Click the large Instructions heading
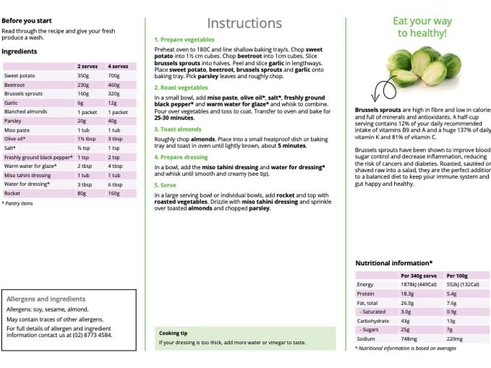[244, 24]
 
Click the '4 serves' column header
[118, 67]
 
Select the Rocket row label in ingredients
[12, 193]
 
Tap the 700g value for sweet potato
[114, 75]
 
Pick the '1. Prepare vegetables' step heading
[184, 40]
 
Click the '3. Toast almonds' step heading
[178, 129]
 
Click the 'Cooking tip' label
[174, 333]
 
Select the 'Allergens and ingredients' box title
[45, 299]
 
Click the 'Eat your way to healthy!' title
[423, 27]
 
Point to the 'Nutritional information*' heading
[394, 263]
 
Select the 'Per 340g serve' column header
[418, 275]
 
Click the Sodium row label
[365, 338]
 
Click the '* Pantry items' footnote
[18, 203]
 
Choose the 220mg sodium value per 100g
[455, 338]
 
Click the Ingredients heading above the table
[20, 51]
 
